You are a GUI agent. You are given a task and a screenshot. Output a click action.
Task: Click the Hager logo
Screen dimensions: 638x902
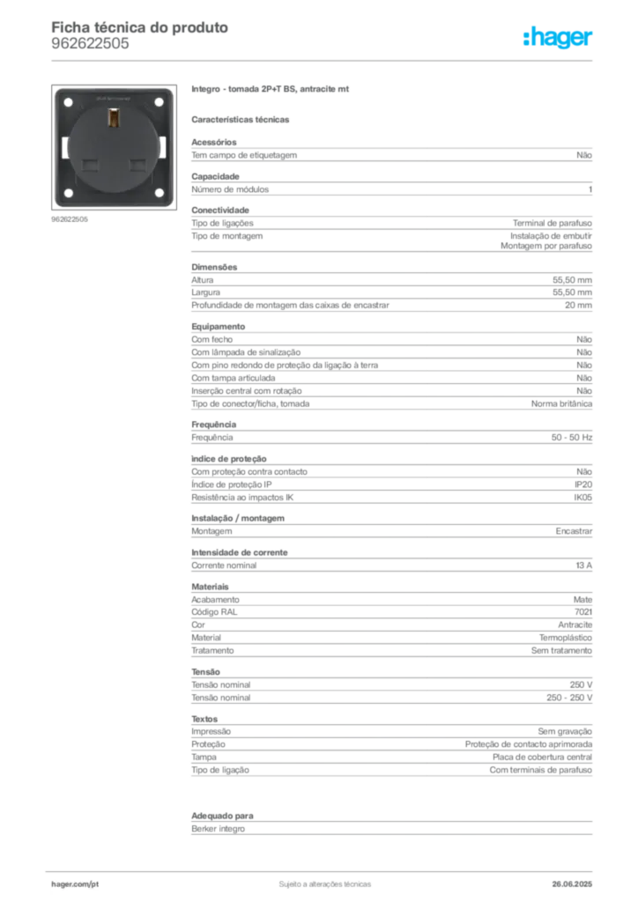point(557,37)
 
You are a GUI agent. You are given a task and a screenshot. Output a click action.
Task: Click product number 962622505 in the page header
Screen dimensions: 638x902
point(90,44)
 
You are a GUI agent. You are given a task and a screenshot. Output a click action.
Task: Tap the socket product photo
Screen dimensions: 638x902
point(114,147)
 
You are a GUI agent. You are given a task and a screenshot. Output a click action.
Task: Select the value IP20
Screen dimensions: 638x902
point(582,484)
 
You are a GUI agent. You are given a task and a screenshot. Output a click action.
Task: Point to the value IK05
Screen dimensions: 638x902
point(582,497)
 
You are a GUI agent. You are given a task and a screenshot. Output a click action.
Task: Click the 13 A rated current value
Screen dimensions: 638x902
point(583,566)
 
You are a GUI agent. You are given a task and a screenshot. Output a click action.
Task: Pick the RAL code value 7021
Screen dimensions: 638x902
point(582,612)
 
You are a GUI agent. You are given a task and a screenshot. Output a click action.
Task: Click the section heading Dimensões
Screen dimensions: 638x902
point(214,267)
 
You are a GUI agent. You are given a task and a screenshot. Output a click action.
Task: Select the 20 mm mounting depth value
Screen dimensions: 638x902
point(578,305)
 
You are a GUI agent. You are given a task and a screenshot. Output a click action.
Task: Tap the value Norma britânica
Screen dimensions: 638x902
point(561,403)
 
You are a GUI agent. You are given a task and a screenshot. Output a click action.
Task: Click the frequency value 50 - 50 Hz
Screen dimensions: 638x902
point(571,437)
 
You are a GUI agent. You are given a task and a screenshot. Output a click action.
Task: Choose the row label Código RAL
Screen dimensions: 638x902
point(214,612)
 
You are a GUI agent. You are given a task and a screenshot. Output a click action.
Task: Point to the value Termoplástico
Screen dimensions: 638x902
point(566,638)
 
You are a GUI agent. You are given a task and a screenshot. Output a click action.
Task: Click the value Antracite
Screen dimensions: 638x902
point(575,625)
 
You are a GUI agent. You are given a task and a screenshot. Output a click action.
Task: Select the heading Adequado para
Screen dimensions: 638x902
point(222,816)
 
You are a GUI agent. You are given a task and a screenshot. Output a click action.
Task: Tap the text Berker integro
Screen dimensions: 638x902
point(218,829)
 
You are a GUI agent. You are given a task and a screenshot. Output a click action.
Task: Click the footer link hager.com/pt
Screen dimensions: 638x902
point(75,884)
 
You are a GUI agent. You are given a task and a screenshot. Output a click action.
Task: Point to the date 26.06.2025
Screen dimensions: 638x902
point(572,884)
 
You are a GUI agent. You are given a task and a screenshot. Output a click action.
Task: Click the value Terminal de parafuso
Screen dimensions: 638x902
point(553,223)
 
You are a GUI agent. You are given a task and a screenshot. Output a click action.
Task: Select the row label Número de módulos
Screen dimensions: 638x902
point(230,189)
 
